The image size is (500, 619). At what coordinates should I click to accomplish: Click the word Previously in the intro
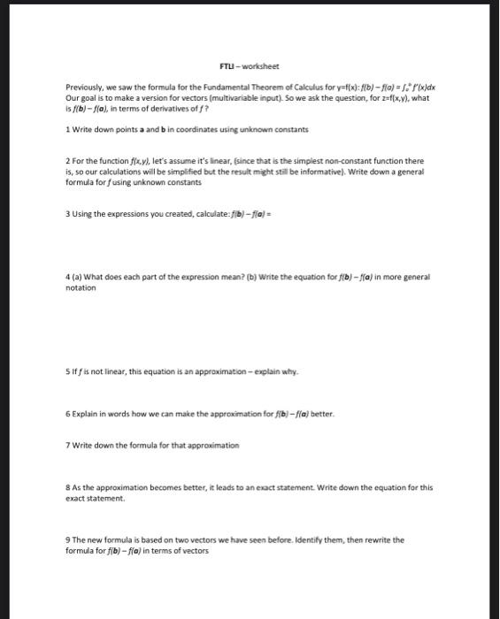click(83, 88)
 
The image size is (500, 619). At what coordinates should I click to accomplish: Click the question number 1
click(68, 129)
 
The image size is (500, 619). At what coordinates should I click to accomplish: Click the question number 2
click(68, 161)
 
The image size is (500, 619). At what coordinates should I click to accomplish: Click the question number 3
click(68, 213)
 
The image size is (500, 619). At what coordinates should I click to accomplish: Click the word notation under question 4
click(81, 287)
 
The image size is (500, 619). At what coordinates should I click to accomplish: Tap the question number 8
click(68, 487)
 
